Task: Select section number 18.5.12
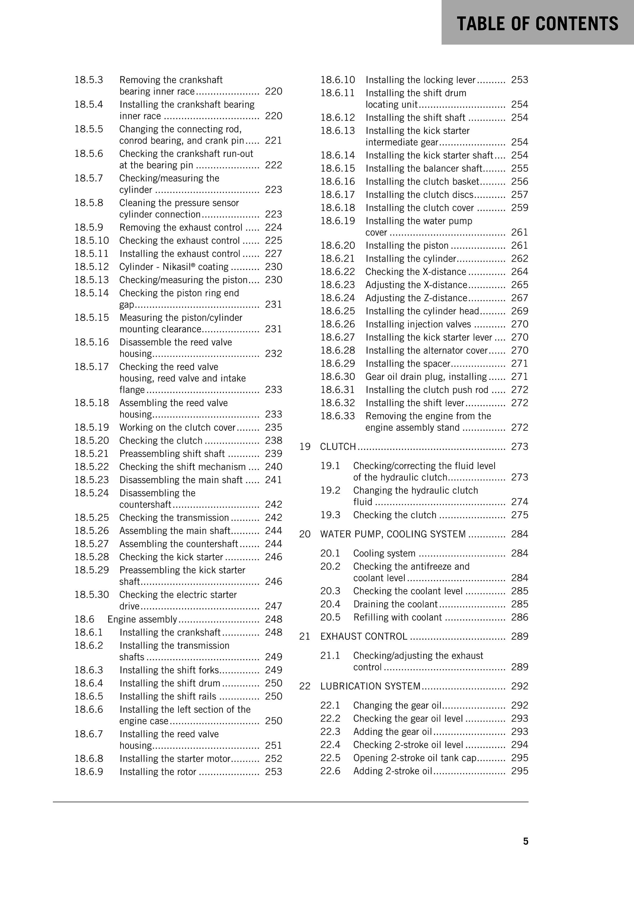coord(92,267)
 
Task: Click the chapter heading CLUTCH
coord(338,447)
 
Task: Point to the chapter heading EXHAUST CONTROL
coord(364,636)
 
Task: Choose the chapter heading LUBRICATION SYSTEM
coord(370,686)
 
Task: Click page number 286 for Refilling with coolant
coord(519,617)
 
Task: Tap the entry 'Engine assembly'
coord(142,619)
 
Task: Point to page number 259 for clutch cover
coord(519,208)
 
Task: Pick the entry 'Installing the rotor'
coord(158,772)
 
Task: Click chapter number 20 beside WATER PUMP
coord(305,534)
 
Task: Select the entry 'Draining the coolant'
coord(395,604)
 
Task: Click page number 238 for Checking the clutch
coord(273,441)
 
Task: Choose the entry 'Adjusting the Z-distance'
coord(416,298)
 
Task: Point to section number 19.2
coord(330,490)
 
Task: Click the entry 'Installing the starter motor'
coord(175,758)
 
